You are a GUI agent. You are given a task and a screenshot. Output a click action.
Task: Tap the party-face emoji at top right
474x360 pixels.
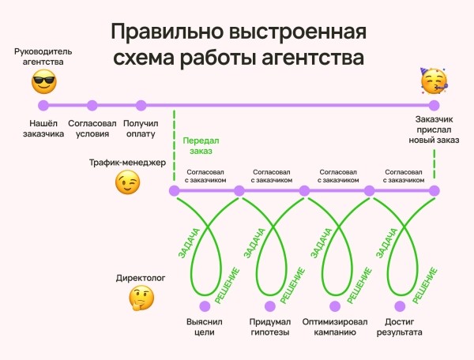pos(433,81)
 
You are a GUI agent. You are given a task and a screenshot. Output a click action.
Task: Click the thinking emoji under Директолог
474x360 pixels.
pos(141,298)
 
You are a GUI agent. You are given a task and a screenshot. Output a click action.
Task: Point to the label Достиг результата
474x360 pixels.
pos(401,327)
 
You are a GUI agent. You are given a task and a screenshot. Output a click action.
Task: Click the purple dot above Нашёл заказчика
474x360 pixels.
pos(43,105)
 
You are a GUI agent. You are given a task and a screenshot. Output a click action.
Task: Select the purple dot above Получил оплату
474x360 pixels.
pos(141,105)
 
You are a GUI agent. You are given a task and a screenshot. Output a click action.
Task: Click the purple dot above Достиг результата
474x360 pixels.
pos(401,305)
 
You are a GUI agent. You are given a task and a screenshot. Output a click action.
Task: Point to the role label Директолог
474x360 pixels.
pos(140,279)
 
